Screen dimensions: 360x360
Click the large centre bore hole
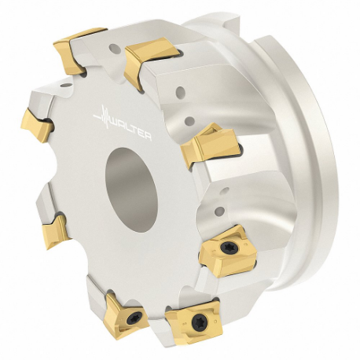pos(131,190)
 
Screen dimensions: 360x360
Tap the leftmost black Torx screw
pos(134,318)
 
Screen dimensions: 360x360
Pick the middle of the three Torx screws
pos(199,321)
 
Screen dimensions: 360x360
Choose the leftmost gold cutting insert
pos(37,126)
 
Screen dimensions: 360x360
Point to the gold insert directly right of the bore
pos(210,145)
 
